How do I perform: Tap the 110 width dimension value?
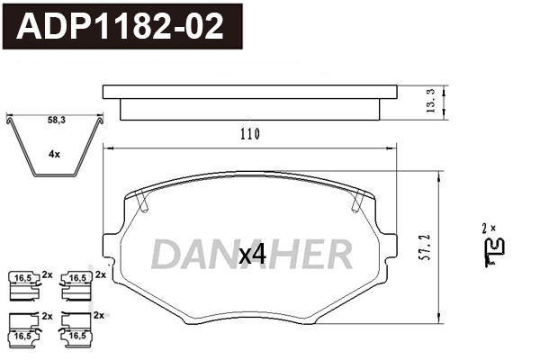point(249,134)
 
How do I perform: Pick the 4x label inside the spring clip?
point(55,154)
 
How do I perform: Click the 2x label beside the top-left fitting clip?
point(48,273)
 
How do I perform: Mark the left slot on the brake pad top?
point(141,202)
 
